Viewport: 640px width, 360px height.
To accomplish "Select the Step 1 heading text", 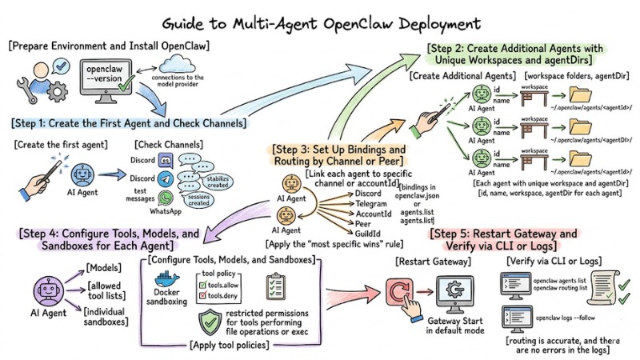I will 128,124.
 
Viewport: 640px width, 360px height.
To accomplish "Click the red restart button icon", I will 398,297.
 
